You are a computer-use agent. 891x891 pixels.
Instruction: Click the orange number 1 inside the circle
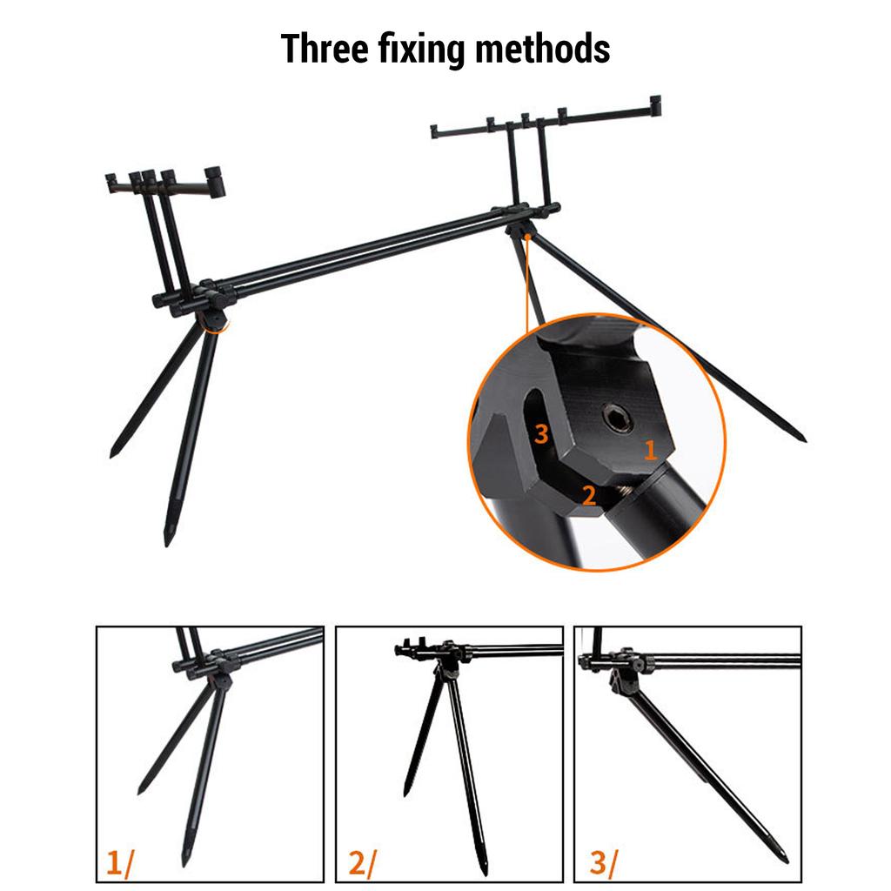pos(650,450)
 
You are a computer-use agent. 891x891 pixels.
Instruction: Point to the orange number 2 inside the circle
pos(589,495)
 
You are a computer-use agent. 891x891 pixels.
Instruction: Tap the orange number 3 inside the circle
pos(541,433)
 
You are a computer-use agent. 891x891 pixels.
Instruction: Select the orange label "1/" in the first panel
pos(120,863)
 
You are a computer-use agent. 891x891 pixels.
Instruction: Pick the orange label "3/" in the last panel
pos(602,863)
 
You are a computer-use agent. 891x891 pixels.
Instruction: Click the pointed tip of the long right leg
pos(801,439)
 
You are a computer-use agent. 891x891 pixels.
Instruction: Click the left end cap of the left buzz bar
pos(111,184)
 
